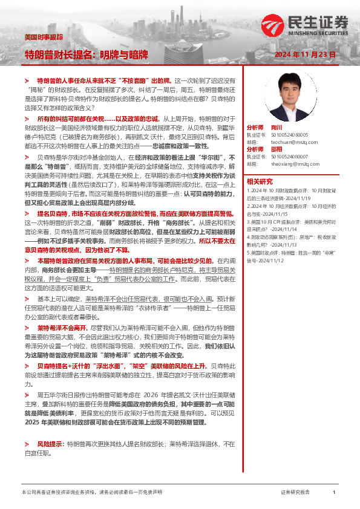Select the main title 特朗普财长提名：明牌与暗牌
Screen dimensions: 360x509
86,56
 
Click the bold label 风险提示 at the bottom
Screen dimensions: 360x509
50,444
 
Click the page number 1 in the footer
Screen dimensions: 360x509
334,493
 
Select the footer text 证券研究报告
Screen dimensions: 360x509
295,493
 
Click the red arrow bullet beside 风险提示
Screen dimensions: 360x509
27,444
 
